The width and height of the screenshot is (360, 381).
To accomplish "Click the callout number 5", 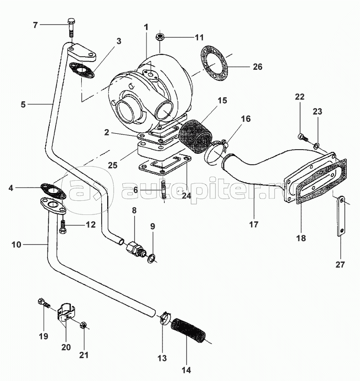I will tap(23, 104).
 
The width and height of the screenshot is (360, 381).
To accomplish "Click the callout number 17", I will tap(254, 224).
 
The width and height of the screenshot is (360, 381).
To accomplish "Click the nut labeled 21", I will tap(84, 326).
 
